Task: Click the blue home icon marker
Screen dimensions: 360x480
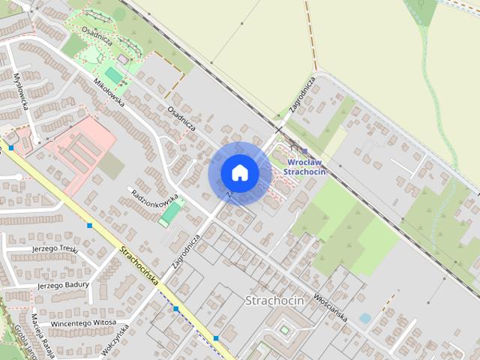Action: (x=239, y=173)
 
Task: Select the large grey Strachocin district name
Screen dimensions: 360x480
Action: (x=274, y=300)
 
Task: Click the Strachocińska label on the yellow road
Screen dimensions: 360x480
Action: (x=139, y=266)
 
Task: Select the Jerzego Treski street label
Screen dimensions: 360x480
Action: (x=55, y=248)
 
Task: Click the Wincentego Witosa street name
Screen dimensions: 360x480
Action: (x=82, y=323)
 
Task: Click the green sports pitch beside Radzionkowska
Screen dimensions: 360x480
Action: (x=170, y=213)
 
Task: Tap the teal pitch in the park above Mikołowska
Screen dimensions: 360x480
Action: (x=112, y=75)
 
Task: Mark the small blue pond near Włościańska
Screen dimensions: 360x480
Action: (x=364, y=319)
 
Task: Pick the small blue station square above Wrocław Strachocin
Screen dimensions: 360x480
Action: (x=304, y=151)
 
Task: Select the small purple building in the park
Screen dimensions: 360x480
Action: (x=122, y=59)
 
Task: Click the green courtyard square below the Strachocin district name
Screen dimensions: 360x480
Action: (x=284, y=329)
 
